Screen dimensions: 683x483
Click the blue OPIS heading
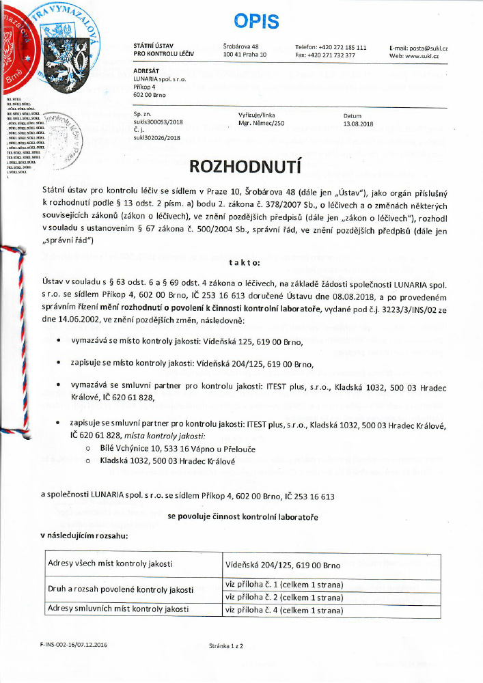(x=256, y=22)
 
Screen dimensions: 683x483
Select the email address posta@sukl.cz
(x=419, y=47)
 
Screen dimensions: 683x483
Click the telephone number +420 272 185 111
(x=331, y=47)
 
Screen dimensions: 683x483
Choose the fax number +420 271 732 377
(x=325, y=55)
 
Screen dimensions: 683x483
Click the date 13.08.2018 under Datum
(x=358, y=124)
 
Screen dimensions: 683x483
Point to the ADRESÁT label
(x=148, y=71)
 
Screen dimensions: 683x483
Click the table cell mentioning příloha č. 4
(x=284, y=610)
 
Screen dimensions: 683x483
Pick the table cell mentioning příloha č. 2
(x=284, y=597)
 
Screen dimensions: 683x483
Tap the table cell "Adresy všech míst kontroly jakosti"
(x=109, y=564)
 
